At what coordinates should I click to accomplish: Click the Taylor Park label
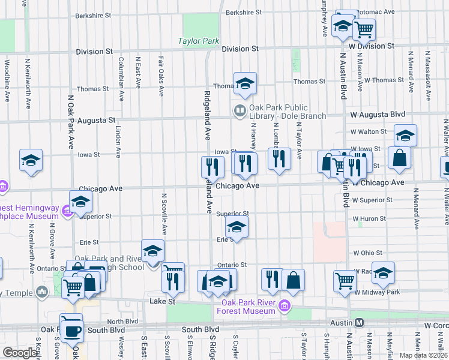199,41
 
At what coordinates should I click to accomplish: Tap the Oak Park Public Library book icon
240,110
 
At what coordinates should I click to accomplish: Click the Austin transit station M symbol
359,322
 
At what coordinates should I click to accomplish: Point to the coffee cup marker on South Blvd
72,329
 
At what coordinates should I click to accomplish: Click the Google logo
20,353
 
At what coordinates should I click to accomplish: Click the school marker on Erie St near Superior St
237,227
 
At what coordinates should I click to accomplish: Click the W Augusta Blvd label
376,114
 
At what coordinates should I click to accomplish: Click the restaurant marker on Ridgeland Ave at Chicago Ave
212,166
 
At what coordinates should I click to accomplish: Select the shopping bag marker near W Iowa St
399,158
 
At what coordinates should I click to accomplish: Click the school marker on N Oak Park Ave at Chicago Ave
80,202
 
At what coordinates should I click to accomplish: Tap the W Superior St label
373,200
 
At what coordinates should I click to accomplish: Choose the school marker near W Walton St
405,135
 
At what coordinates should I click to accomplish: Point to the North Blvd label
123,321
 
